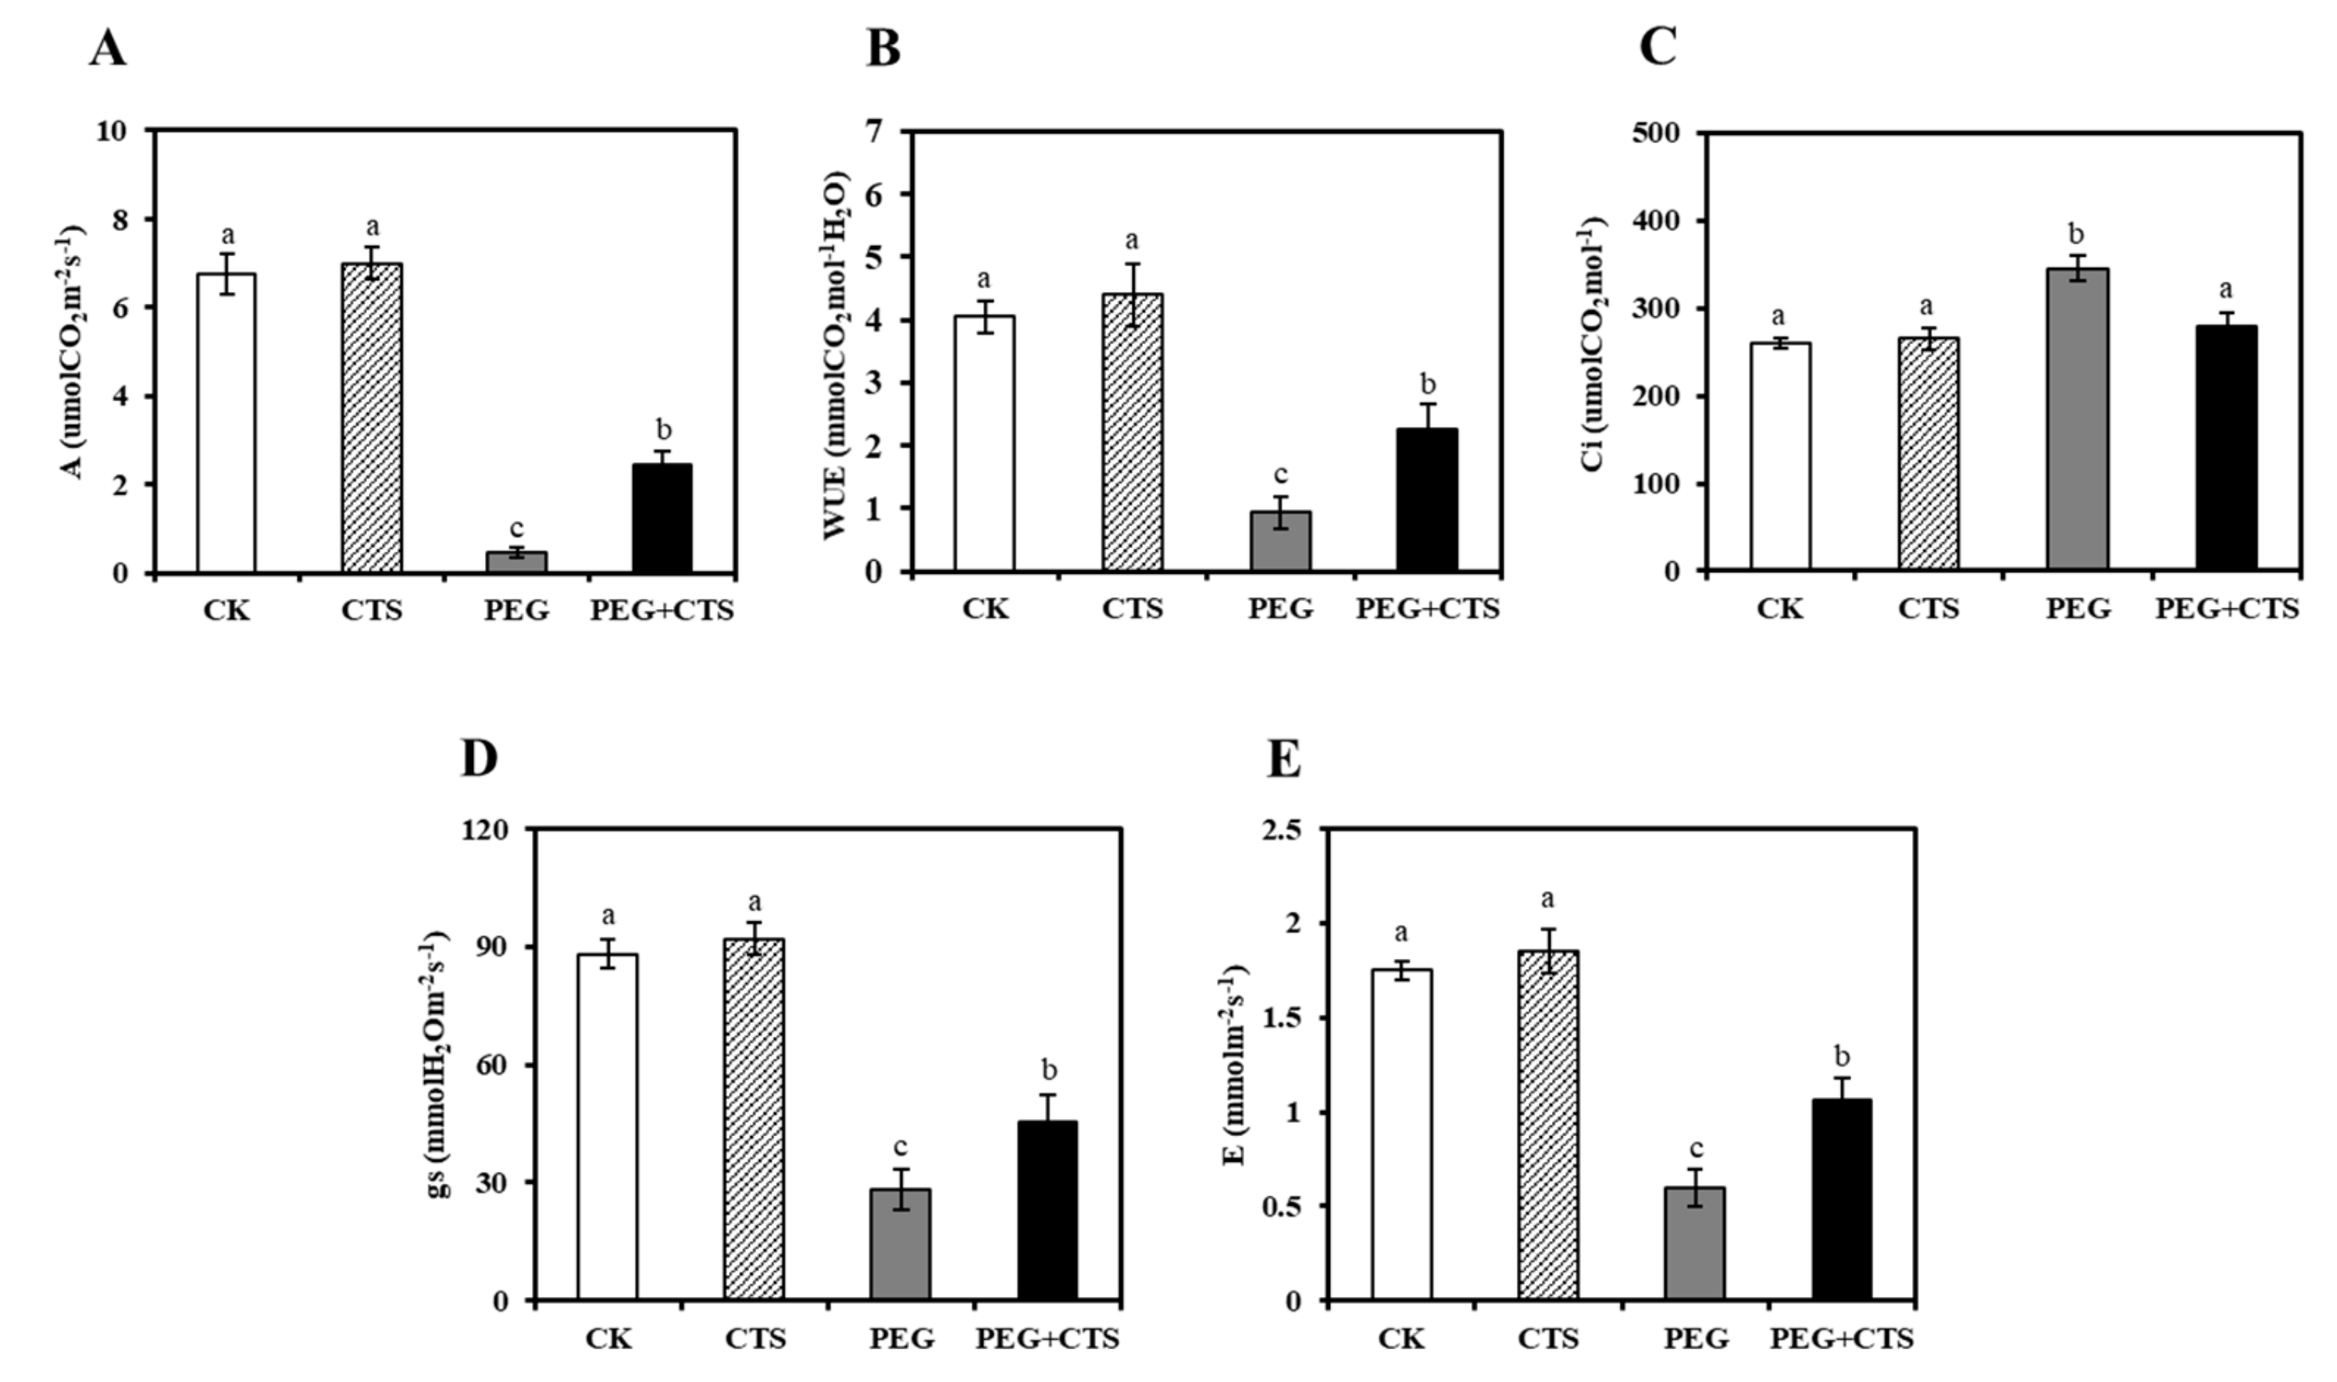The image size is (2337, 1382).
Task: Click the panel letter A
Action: (x=108, y=48)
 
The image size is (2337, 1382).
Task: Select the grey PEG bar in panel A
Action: (x=517, y=561)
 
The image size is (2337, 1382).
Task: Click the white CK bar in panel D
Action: (x=608, y=1126)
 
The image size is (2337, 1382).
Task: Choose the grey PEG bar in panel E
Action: (x=1694, y=1243)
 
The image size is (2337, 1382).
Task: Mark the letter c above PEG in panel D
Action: (x=900, y=1146)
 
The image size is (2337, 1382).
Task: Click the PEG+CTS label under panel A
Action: (x=662, y=611)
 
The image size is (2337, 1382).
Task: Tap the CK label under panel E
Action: (x=1402, y=1339)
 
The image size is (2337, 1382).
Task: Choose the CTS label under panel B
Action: (x=1133, y=609)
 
